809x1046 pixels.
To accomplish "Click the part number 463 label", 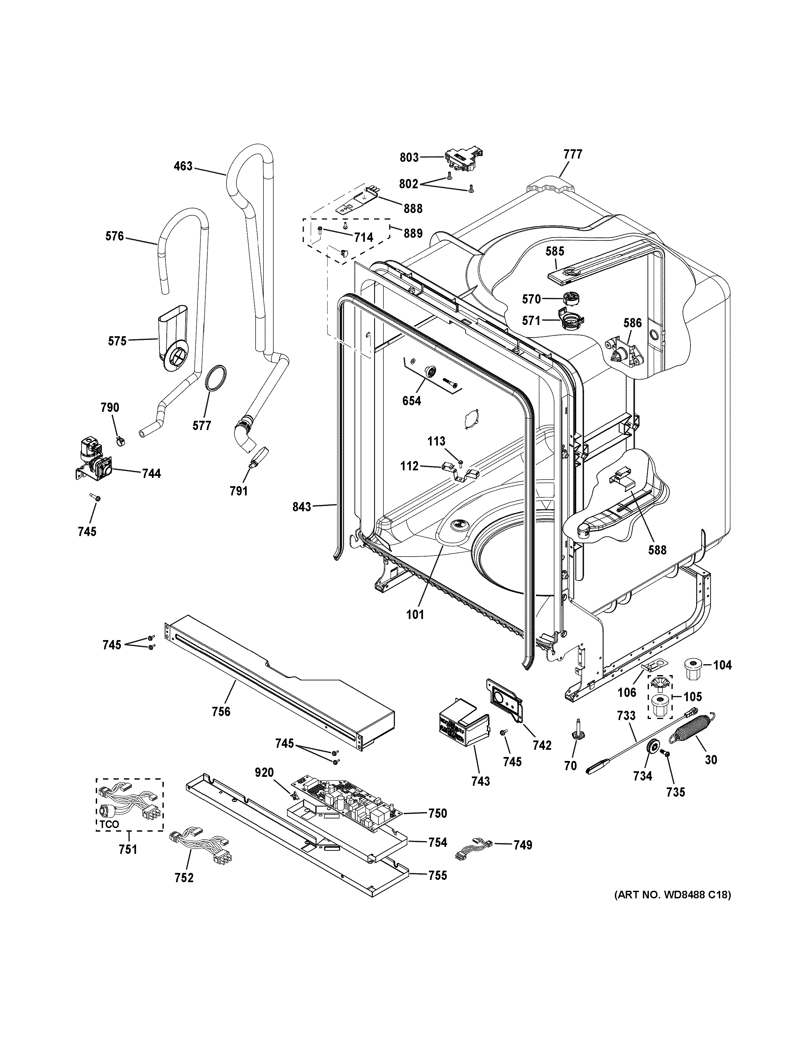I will tap(183, 166).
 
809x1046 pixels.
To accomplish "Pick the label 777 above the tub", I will tap(573, 154).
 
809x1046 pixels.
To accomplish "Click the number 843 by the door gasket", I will tap(301, 507).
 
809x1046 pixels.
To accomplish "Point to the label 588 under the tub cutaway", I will tap(657, 550).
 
